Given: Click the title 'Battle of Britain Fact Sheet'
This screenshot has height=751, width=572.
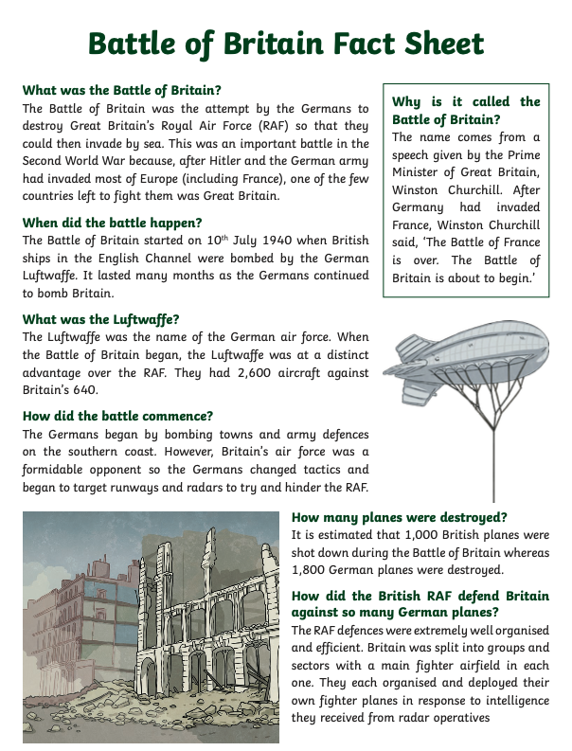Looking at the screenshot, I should pyautogui.click(x=285, y=44).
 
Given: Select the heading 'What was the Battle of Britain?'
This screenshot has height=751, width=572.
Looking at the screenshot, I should pyautogui.click(x=122, y=91).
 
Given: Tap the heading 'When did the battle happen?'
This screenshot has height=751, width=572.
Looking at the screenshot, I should pyautogui.click(x=113, y=223).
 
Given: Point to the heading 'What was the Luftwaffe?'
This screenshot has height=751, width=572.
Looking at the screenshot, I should pyautogui.click(x=100, y=319).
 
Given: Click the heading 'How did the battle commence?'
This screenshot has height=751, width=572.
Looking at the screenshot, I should pyautogui.click(x=117, y=416).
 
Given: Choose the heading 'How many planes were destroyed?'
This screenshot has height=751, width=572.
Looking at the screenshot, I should pyautogui.click(x=399, y=517).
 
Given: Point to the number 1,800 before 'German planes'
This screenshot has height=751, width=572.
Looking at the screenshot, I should pyautogui.click(x=312, y=570).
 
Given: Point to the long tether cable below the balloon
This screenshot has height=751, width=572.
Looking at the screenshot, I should pyautogui.click(x=493, y=455).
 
